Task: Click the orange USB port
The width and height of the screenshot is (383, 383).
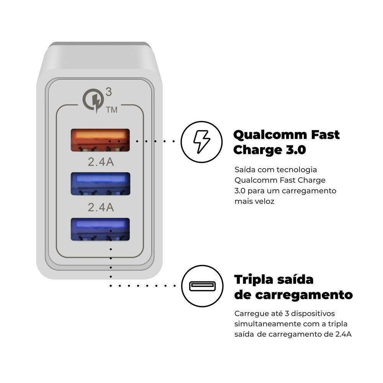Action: [99, 139]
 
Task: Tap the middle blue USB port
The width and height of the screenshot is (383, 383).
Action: [99, 184]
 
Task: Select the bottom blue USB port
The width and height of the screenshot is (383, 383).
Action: [99, 229]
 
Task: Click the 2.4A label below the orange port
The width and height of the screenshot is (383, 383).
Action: [101, 162]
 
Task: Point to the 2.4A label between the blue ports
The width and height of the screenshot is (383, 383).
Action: [101, 207]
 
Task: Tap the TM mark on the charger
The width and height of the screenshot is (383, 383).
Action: [111, 110]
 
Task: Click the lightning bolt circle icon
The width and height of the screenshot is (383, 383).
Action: [201, 141]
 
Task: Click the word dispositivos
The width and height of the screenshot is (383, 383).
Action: [312, 313]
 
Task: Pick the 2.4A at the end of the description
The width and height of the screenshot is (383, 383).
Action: [343, 334]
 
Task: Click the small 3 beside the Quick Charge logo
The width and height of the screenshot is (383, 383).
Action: [109, 92]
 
